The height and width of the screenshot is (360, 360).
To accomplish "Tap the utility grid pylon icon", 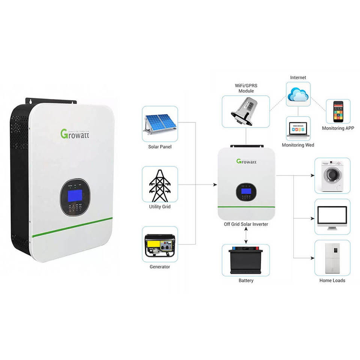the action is (x=160, y=184).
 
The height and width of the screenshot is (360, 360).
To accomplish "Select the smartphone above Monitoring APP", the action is (x=338, y=111).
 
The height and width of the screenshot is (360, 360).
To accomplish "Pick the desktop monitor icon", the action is (x=332, y=217).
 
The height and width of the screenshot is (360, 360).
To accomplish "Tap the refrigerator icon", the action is (x=332, y=258).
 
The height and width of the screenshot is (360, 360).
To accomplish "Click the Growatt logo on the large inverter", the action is (x=75, y=133).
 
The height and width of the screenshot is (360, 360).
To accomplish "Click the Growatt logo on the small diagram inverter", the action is (x=246, y=161).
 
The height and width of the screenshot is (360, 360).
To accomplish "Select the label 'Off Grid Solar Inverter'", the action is (x=246, y=224).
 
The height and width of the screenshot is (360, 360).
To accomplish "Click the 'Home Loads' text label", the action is (x=332, y=280).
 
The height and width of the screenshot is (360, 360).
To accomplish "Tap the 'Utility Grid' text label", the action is (x=160, y=207).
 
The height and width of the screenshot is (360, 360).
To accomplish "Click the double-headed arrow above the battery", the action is (x=246, y=235).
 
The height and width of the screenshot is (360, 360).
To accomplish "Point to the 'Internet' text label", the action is (x=298, y=78).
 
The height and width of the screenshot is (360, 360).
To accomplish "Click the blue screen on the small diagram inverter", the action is (x=246, y=190).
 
